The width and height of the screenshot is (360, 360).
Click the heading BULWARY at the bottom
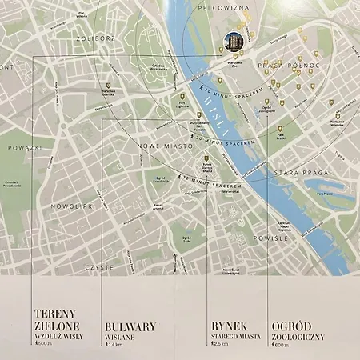click(x=130, y=326)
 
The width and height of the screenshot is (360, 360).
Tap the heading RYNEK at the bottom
click(x=230, y=326)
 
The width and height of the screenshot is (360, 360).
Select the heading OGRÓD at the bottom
click(x=293, y=326)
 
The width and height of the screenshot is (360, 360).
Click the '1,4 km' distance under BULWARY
click(x=116, y=345)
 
